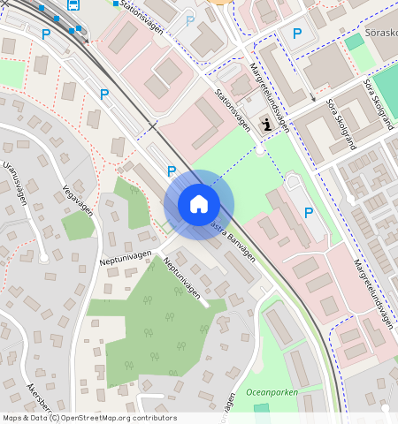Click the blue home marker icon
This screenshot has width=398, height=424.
[x=199, y=204]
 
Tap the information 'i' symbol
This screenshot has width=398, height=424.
[x=268, y=125]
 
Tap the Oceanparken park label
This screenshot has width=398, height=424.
[x=272, y=392]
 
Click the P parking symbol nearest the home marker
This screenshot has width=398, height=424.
[x=172, y=170]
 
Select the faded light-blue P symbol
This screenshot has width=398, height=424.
[x=190, y=19]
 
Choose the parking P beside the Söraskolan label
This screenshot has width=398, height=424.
[x=297, y=34]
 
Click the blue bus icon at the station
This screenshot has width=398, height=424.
[x=73, y=4]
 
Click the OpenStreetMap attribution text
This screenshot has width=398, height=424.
[x=89, y=418]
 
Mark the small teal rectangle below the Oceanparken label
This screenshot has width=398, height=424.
[x=261, y=407]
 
